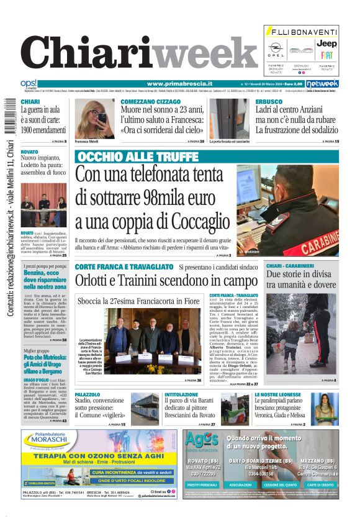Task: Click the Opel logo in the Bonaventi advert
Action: [x=276, y=49]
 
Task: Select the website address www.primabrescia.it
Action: [x=179, y=83]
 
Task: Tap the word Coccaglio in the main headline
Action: [x=197, y=222]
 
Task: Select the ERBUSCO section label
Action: [x=269, y=101]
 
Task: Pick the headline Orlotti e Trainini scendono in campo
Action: [x=158, y=280]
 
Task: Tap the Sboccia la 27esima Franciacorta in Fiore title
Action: [x=139, y=301]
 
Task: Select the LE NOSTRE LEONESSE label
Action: [x=277, y=394]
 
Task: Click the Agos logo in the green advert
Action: [x=199, y=442]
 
